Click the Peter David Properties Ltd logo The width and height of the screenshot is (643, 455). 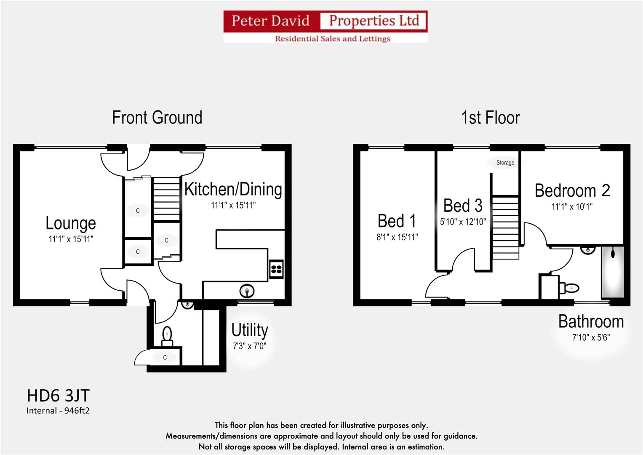(325, 27)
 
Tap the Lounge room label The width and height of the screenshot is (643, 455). (71, 223)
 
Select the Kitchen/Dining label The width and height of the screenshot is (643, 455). (233, 189)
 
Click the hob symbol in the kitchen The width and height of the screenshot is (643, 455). (276, 270)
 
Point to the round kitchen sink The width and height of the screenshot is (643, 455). (247, 291)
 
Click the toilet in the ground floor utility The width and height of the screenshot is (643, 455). (167, 335)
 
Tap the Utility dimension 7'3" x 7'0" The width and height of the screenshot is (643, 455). (250, 346)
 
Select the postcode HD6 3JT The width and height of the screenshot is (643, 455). (58, 396)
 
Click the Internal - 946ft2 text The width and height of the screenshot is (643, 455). (58, 410)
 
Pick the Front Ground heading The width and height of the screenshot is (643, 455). (157, 118)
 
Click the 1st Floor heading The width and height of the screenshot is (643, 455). (491, 118)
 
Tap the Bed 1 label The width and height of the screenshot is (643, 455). (397, 221)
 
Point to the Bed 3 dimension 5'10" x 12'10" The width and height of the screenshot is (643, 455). (463, 222)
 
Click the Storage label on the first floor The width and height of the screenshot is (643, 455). (505, 163)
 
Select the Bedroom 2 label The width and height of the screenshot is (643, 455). (572, 190)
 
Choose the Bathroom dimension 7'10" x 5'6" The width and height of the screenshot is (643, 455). (591, 337)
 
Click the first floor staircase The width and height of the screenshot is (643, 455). (505, 228)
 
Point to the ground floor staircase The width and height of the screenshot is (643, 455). (166, 198)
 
